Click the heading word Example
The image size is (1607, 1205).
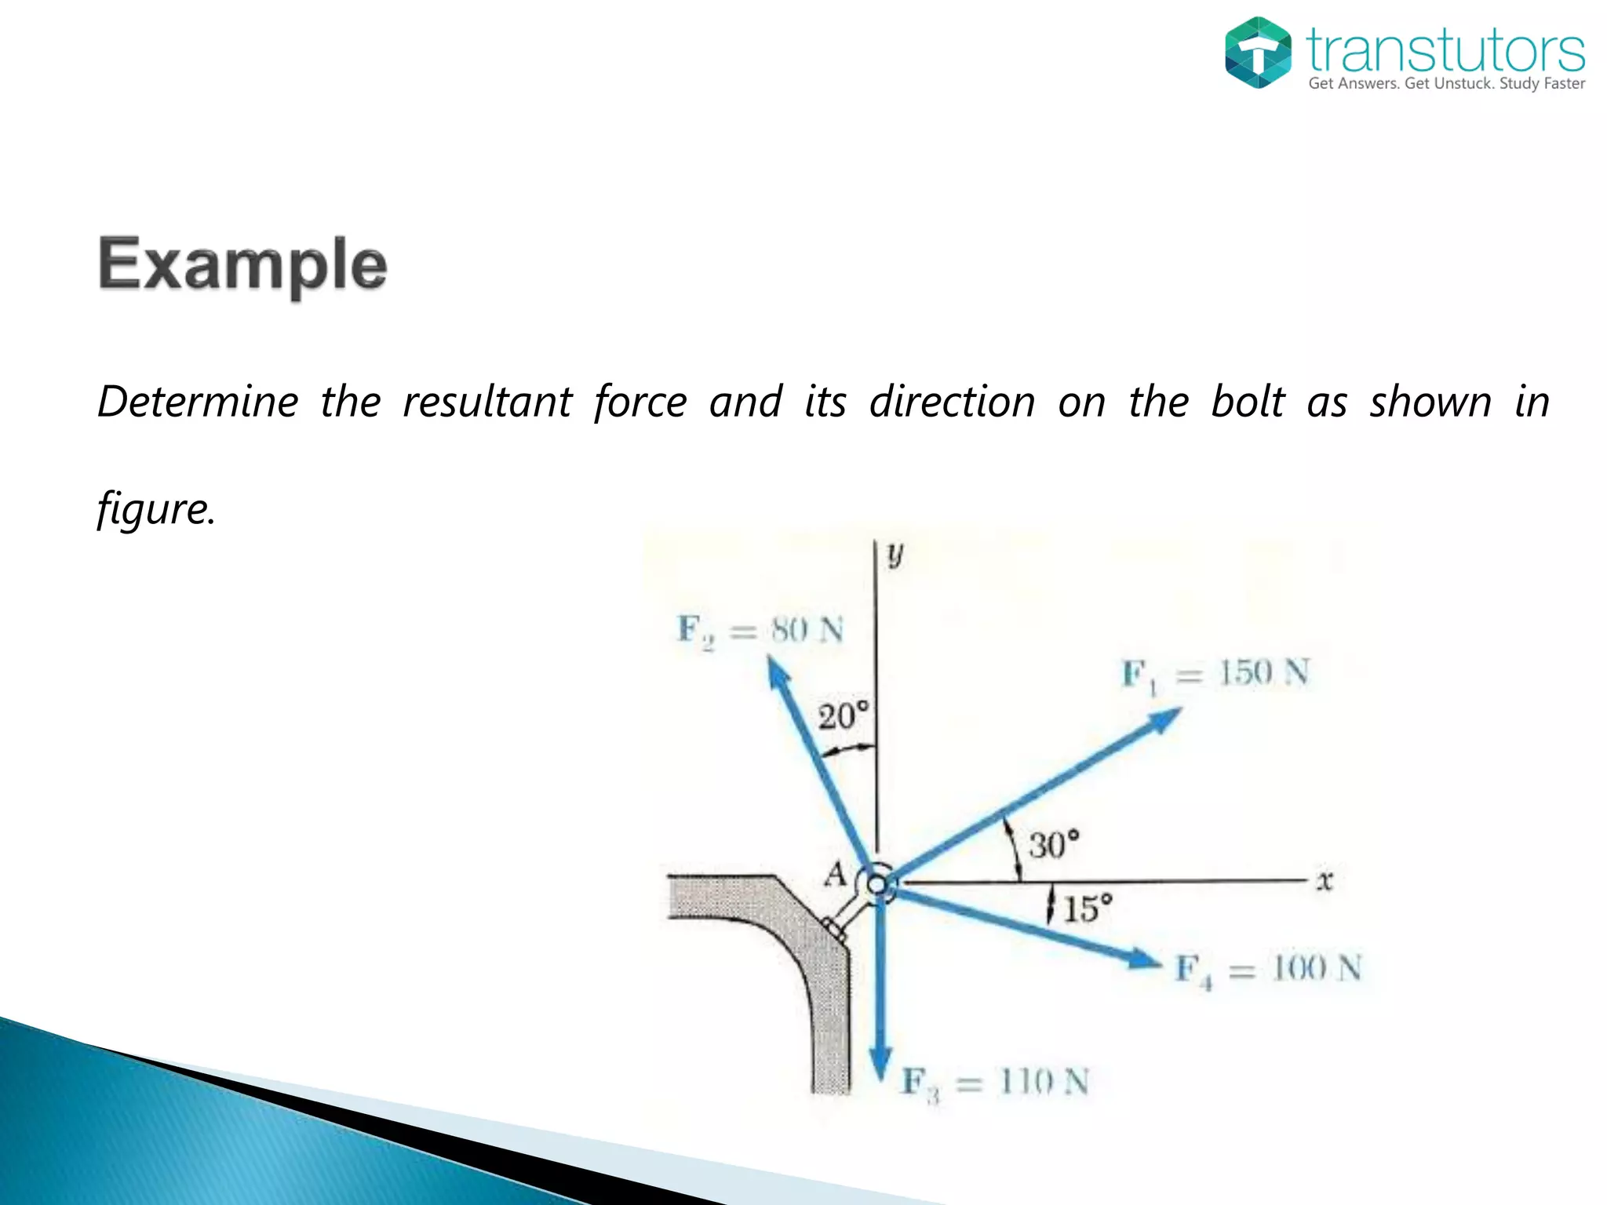(242, 265)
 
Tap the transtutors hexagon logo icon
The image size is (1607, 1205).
(1258, 53)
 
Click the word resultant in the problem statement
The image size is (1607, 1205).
(487, 402)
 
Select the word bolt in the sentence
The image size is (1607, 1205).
(1248, 402)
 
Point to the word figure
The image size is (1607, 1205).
(155, 509)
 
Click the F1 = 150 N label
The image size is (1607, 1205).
(1215, 674)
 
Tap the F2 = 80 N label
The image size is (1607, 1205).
(760, 630)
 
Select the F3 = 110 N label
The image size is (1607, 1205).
(995, 1083)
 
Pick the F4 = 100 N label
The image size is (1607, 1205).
(1268, 970)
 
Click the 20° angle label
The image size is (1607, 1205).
(844, 716)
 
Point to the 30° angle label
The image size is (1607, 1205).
(1054, 845)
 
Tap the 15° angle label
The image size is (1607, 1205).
(1088, 909)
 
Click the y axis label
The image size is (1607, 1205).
(895, 555)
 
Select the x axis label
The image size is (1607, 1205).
(1325, 881)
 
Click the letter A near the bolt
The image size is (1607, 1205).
(836, 873)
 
